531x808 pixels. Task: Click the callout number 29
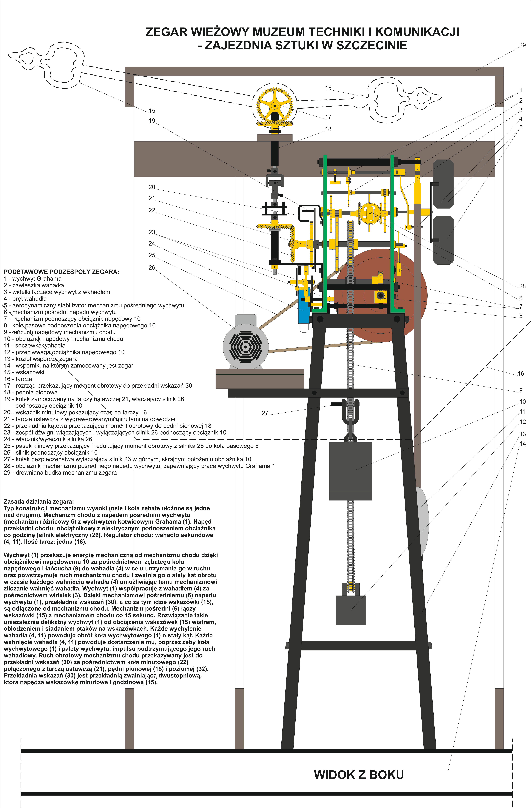(522, 45)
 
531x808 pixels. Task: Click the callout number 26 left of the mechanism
(152, 268)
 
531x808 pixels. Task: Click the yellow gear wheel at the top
(274, 106)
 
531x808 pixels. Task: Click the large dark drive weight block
(350, 471)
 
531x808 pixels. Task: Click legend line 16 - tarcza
(18, 379)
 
